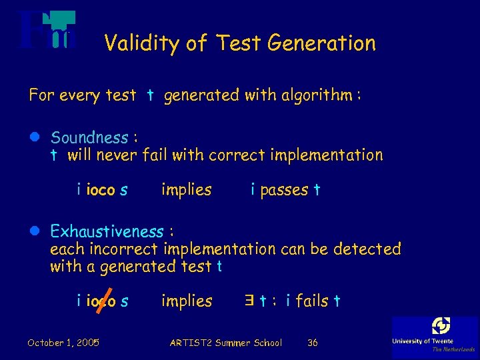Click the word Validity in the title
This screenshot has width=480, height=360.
tap(141, 44)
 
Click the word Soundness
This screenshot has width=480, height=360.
tap(89, 138)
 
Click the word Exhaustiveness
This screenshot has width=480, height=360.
tap(107, 232)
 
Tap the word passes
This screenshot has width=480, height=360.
tap(284, 190)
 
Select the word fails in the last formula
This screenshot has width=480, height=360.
tap(312, 301)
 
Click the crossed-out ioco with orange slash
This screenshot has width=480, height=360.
tap(101, 302)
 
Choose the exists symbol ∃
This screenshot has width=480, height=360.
tap(249, 301)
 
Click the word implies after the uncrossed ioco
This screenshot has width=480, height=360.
tap(186, 190)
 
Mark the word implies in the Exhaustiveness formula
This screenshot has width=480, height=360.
tap(186, 301)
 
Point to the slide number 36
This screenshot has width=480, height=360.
tap(312, 343)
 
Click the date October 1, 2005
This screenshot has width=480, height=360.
tap(63, 343)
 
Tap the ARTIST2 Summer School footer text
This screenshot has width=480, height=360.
tap(225, 343)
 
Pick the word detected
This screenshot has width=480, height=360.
tap(367, 249)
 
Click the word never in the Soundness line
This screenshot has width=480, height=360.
tap(116, 156)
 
